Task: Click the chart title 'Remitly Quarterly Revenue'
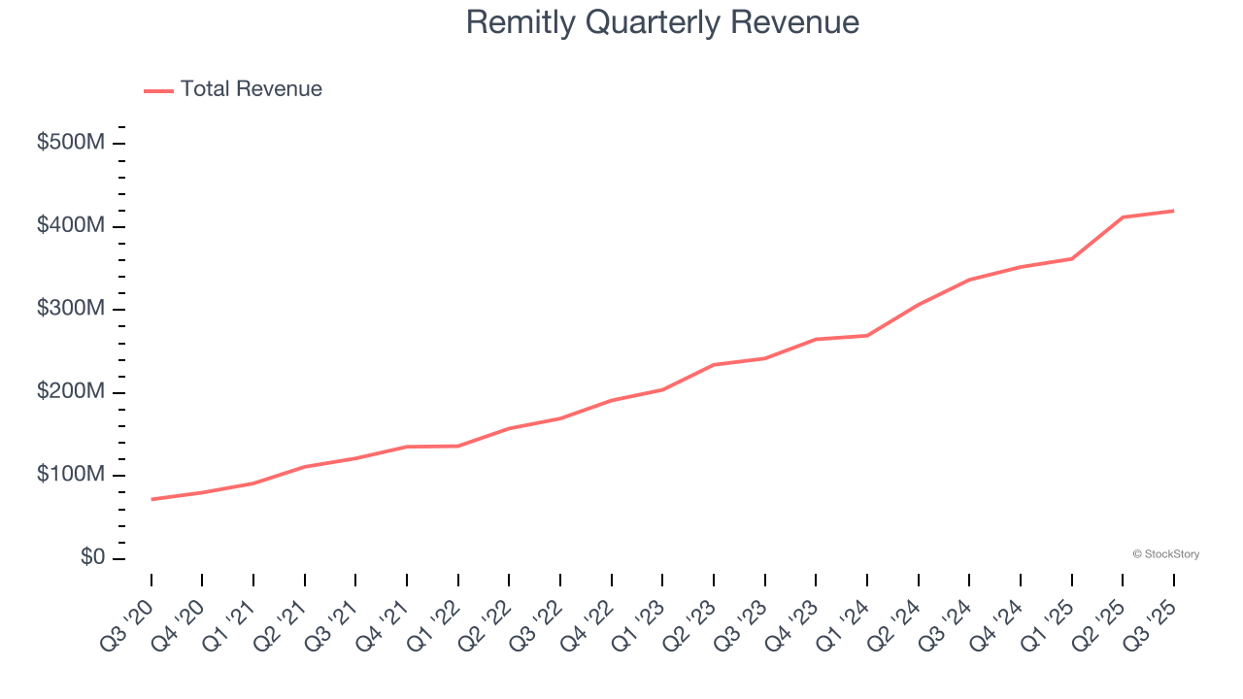tap(662, 22)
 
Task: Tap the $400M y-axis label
tap(71, 226)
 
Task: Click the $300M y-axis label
tap(71, 309)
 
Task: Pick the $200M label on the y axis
tap(71, 392)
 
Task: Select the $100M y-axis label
tap(71, 475)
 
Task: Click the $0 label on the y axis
tap(93, 558)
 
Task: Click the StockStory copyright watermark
tap(1165, 554)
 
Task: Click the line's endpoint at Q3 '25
tap(1173, 211)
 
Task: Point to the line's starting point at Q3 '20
tap(151, 499)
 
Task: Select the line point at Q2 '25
tap(1123, 217)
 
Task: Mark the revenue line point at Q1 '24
tap(867, 336)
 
